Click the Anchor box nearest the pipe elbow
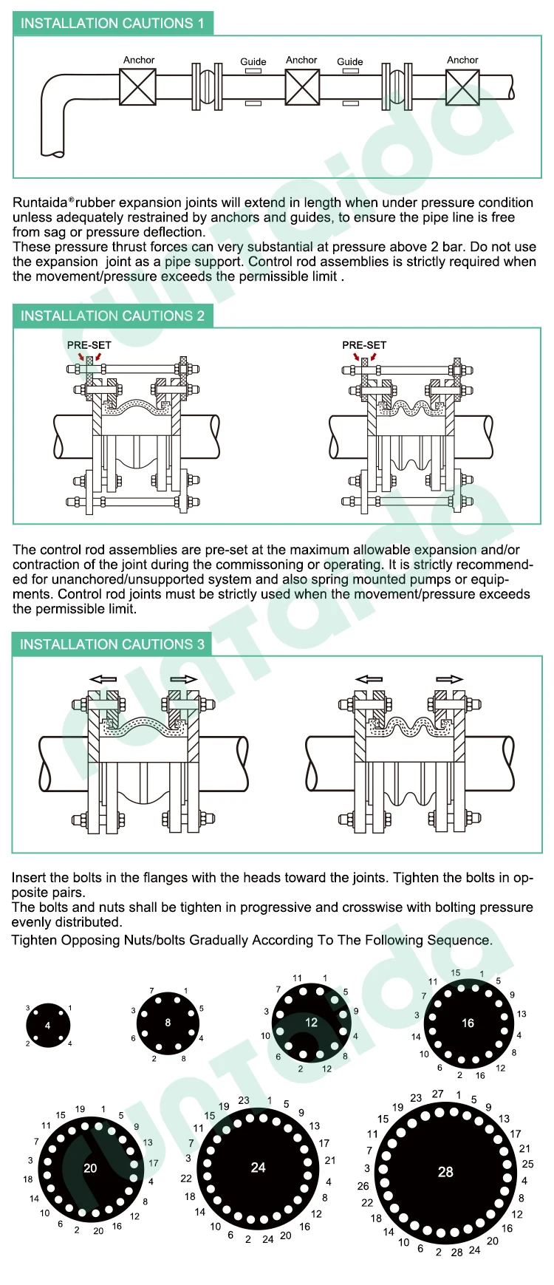point(137,87)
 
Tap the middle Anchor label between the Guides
point(301,60)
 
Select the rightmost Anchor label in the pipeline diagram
point(462,60)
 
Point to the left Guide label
point(253,62)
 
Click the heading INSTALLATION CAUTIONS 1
point(112,23)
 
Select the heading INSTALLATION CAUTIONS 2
point(112,316)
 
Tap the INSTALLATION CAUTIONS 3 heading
point(112,644)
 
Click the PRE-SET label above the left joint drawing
point(89,345)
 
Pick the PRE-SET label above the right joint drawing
point(364,345)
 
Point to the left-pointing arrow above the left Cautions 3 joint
point(103,679)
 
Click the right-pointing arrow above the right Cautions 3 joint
point(449,679)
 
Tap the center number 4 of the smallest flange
point(48,1026)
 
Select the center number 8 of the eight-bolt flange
point(168,1023)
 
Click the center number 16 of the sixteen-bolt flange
point(468,1023)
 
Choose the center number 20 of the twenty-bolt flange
point(90,1168)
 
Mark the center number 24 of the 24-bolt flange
point(258,1168)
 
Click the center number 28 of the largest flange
point(445,1172)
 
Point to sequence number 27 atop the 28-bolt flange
point(438,1094)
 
